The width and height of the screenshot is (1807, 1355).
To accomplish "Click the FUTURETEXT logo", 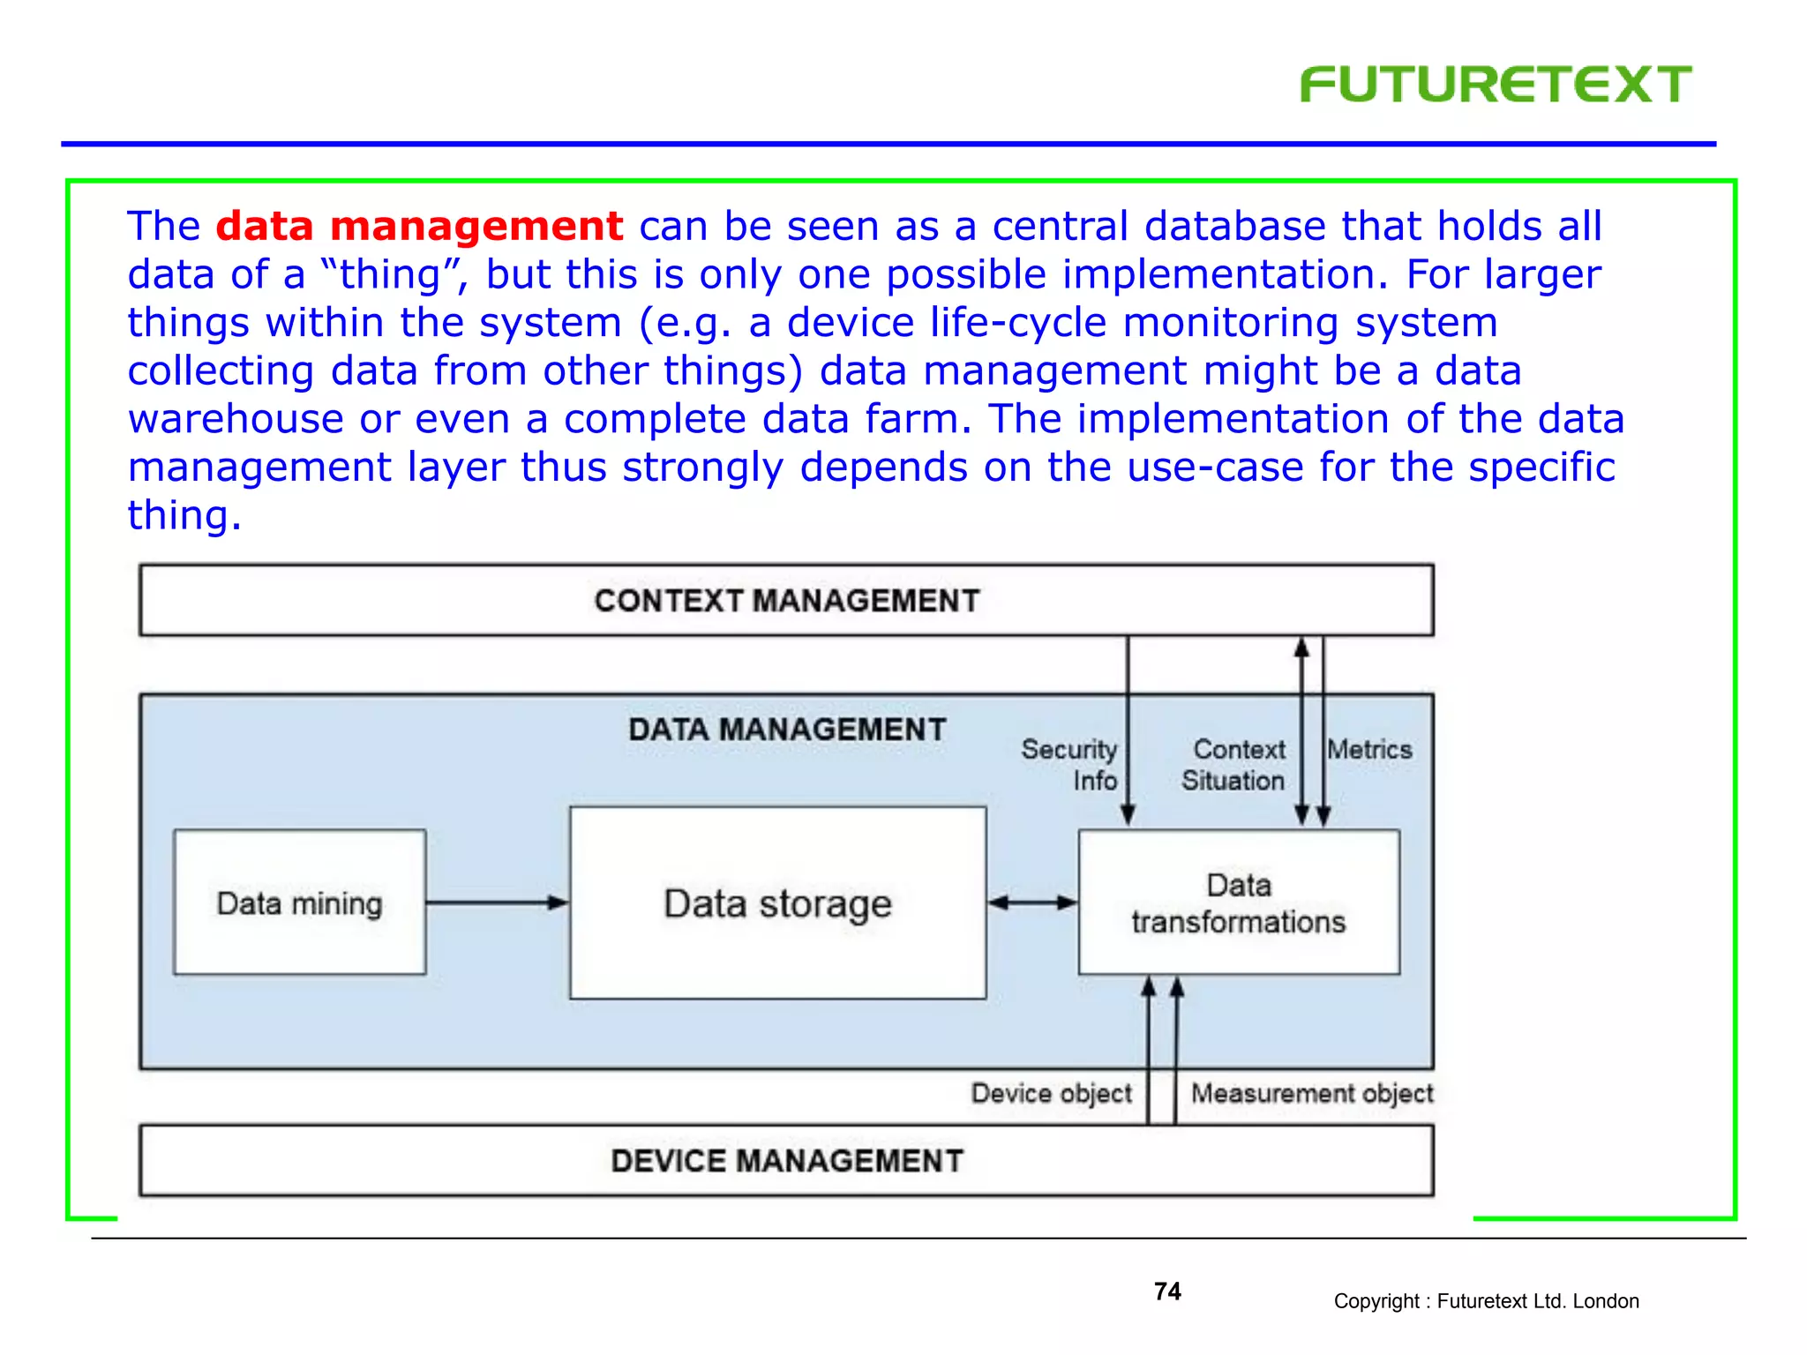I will pos(1496,85).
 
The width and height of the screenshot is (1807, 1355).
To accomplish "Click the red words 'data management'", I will pos(419,226).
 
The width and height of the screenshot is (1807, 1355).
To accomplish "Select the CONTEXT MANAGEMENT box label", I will pos(786,601).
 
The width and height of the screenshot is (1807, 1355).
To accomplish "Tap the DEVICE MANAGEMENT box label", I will pos(786,1161).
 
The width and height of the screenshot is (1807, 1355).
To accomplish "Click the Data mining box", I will pos(299,902).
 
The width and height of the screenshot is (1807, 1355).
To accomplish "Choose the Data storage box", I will pos(777,903).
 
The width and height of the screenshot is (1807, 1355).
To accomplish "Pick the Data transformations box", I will pos(1239,903).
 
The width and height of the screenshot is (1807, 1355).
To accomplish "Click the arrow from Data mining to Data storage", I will pos(497,902).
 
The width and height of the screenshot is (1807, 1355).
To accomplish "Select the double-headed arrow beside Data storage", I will pos(1032,902).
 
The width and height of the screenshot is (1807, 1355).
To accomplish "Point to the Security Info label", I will pos(1069,765).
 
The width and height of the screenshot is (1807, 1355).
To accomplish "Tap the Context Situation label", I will pos(1234,765).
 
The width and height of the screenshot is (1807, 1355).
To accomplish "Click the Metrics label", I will pos(1370,750).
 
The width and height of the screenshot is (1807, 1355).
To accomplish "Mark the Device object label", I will pos(1051,1093).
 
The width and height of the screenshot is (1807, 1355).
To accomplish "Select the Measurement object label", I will pos(1312,1093).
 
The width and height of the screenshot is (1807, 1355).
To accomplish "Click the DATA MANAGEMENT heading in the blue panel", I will pos(786,730).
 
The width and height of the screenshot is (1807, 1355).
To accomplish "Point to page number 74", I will pos(1167,1291).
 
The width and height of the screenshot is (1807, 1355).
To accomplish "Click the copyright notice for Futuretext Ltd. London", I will pos(1486,1301).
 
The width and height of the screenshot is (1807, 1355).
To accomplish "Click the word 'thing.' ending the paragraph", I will pos(184,515).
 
